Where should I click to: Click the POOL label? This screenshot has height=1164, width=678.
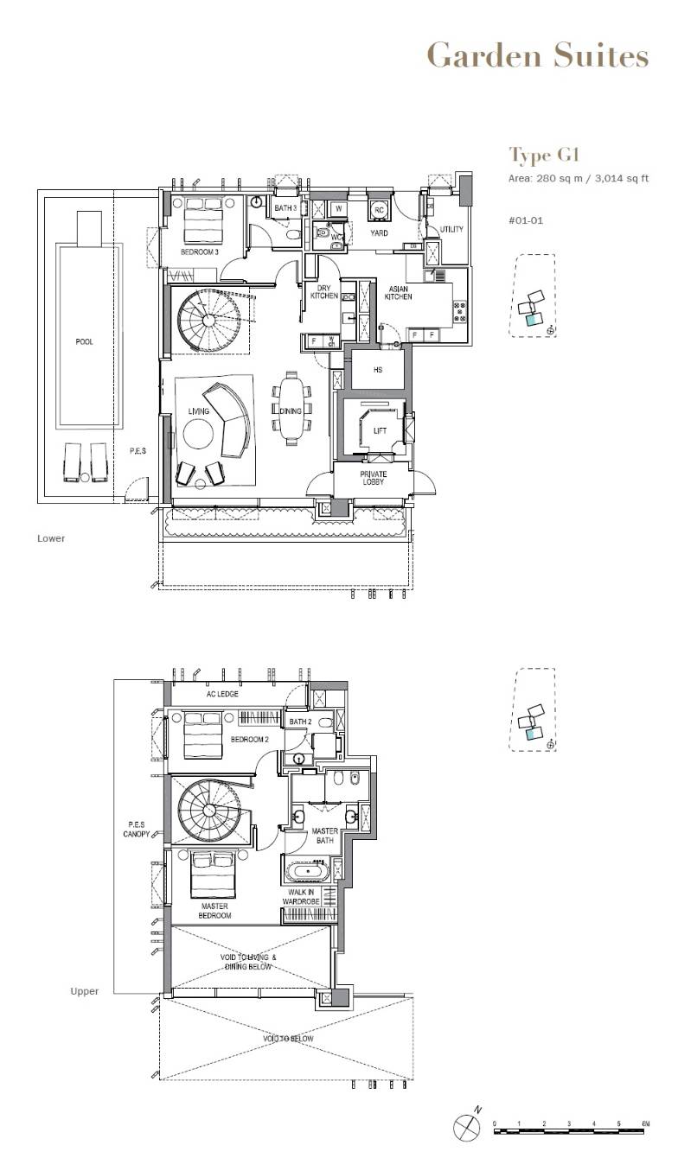coord(84,341)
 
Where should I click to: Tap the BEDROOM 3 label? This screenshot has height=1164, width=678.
coord(200,252)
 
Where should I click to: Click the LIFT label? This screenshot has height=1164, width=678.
coord(380,431)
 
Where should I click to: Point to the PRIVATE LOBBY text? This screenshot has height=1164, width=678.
coord(374,478)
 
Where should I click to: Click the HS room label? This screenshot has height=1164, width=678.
coord(378,370)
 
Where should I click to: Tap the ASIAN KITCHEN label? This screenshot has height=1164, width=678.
coord(399,293)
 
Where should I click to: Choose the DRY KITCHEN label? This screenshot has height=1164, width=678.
coord(324,292)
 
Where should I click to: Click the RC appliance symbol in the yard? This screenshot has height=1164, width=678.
coord(379,211)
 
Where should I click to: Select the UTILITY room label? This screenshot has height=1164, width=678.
coord(451,229)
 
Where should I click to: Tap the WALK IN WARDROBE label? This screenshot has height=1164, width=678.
coord(301,897)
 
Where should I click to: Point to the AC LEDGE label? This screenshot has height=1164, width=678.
coord(222,694)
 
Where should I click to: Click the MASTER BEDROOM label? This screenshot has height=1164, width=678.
coord(214,911)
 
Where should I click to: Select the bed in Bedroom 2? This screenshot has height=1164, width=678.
coord(203,735)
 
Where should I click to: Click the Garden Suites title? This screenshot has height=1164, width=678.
coord(538,55)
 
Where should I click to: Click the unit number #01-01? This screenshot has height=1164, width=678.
coord(526,220)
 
